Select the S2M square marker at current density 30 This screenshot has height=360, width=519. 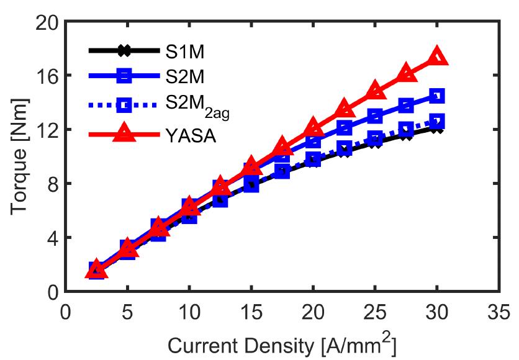pyautogui.click(x=437, y=96)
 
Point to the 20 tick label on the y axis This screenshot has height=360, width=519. pyautogui.click(x=45, y=22)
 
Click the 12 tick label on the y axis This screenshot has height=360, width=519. pyautogui.click(x=45, y=130)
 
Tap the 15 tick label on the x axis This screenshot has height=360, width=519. pyautogui.click(x=251, y=309)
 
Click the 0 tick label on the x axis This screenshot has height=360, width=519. pyautogui.click(x=65, y=309)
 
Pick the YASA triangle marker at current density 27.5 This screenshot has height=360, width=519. pyautogui.click(x=406, y=73)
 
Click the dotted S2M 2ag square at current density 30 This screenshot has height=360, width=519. pyautogui.click(x=437, y=122)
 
